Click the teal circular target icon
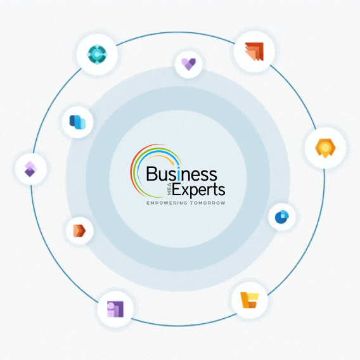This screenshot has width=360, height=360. [97, 55]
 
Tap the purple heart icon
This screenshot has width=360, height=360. [188, 64]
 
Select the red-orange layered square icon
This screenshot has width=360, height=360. [254, 52]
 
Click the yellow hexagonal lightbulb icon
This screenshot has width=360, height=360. [325, 148]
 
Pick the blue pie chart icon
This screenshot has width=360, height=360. [282, 217]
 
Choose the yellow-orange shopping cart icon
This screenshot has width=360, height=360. [250, 300]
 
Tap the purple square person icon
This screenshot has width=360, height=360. [115, 309]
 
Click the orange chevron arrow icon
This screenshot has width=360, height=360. [79, 231]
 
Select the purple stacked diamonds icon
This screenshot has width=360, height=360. [30, 169]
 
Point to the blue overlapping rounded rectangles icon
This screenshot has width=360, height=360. [77, 122]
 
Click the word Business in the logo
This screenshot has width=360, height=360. [182, 174]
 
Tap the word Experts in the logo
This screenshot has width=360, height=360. [198, 190]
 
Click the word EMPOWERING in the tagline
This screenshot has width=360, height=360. [167, 203]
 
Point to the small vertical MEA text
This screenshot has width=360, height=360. [169, 190]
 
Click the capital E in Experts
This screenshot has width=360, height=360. [177, 190]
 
